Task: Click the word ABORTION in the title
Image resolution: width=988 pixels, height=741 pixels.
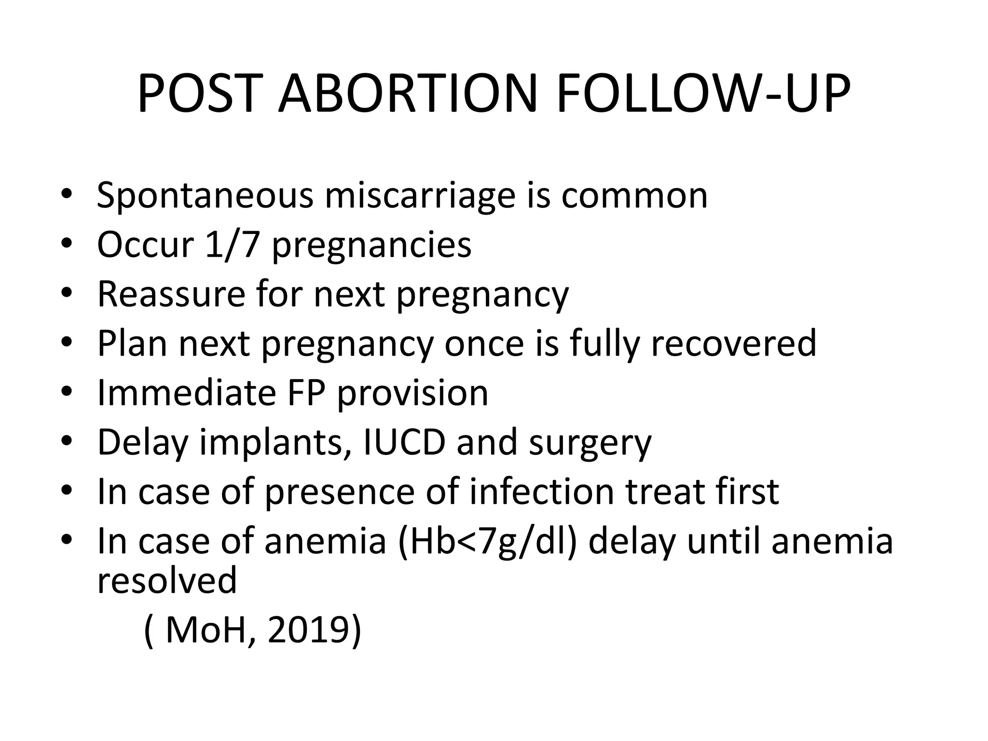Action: click(408, 94)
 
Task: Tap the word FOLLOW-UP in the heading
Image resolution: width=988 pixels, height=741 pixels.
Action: click(703, 94)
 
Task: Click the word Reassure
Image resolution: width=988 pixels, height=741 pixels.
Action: click(171, 294)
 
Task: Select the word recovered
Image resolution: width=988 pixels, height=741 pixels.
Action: click(733, 343)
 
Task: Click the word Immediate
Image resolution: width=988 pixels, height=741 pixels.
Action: click(186, 393)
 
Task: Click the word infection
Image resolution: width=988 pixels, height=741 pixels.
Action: click(542, 492)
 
